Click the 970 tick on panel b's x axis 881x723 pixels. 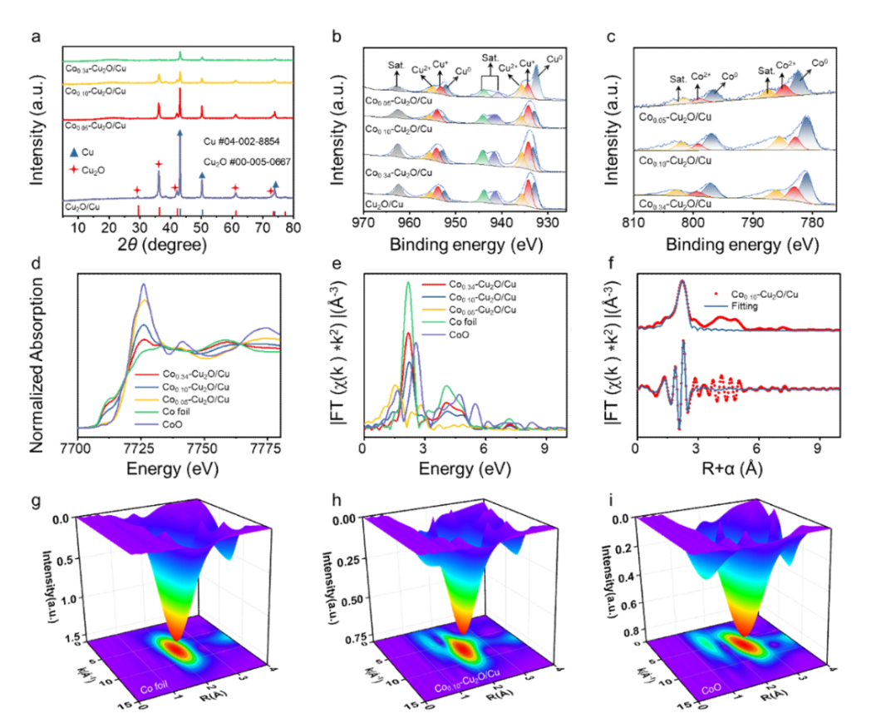pos(363,226)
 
